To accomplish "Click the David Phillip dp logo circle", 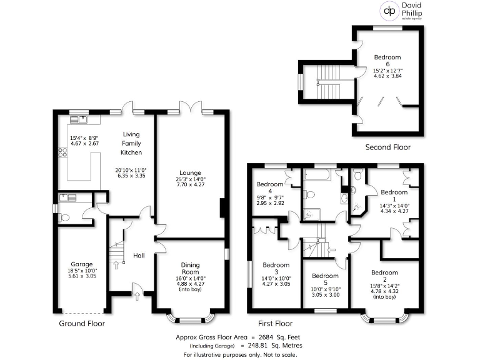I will (391, 11).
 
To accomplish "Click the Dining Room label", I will (190, 269).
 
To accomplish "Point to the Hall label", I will (139, 255).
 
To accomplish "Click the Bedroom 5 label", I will (325, 276).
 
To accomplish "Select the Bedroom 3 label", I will (276, 267).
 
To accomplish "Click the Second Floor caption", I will (387, 147).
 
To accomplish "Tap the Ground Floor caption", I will (82, 324).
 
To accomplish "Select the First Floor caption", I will (276, 324).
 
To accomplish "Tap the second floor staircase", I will (328, 81).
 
